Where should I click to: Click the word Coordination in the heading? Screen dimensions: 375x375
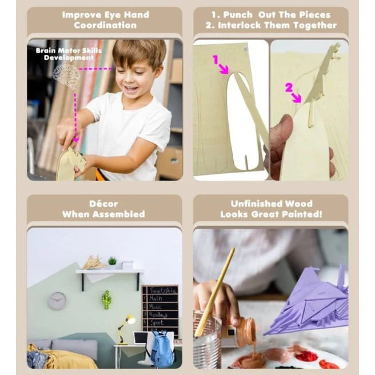click(105, 25)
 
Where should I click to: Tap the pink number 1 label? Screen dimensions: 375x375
click(216, 59)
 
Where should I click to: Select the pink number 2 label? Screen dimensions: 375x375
click(289, 87)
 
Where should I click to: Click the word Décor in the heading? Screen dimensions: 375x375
click(103, 204)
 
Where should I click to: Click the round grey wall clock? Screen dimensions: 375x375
click(58, 301)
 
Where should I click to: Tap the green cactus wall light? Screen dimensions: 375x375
click(106, 300)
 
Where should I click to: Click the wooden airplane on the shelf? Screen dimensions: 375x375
click(94, 262)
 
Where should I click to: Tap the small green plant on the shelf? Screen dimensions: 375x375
click(113, 261)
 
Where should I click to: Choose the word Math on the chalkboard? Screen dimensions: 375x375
click(155, 298)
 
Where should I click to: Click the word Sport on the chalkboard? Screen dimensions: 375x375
click(157, 322)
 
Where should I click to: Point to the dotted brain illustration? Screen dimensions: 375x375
click(66, 77)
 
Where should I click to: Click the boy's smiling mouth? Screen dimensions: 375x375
click(131, 89)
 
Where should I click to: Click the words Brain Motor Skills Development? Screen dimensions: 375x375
click(69, 54)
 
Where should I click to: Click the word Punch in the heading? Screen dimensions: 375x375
click(238, 15)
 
